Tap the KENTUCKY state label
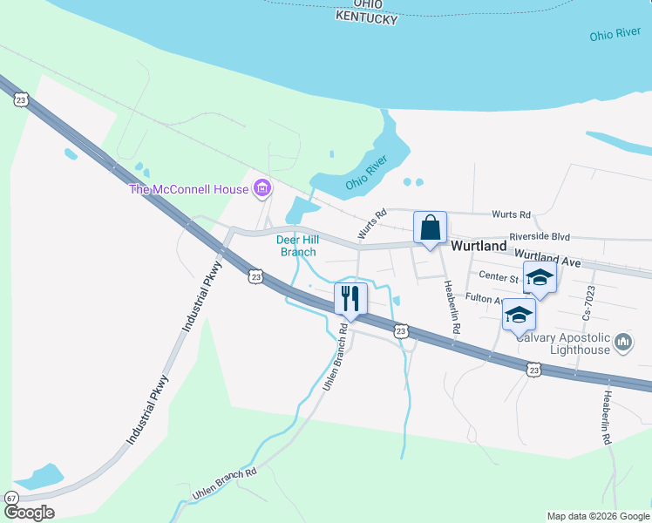coord(367,18)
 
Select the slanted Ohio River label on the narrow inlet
coord(366,173)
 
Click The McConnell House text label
coord(189,189)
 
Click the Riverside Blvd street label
coord(540,236)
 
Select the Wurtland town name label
coord(479,247)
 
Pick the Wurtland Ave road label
coord(547,257)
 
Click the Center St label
coord(499,276)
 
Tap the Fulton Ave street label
coord(485,298)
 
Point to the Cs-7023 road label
coord(589,301)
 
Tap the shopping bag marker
coord(430,228)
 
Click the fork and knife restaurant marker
coord(350,298)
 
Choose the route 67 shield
coord(11,498)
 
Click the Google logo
coord(29,513)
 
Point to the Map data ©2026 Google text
coord(597,516)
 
